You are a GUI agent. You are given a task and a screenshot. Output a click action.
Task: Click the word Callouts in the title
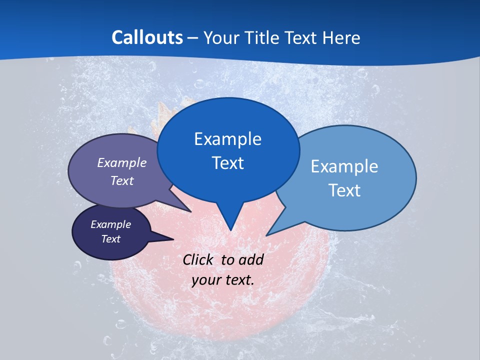tap(147, 37)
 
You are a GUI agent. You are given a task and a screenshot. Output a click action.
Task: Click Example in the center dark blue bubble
tap(227, 139)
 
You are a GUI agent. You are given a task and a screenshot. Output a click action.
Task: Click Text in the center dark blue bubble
tap(227, 163)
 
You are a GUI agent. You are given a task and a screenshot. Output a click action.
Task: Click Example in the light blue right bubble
tap(344, 166)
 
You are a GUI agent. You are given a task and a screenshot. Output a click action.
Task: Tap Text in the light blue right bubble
tap(344, 190)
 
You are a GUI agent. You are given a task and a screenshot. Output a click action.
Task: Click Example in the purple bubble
tap(121, 163)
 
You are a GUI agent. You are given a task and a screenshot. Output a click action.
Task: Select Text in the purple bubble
tap(121, 180)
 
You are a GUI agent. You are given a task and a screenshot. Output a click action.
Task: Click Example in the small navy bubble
tap(110, 224)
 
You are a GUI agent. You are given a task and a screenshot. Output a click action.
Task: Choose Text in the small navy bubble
tap(110, 239)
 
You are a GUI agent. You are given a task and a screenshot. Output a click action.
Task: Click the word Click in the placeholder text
tap(199, 259)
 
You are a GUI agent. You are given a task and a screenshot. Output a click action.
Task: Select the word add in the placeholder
tap(250, 259)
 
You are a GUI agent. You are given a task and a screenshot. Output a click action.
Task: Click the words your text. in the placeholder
tap(223, 280)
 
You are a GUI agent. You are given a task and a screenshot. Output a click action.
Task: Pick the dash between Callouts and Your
tap(193, 38)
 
